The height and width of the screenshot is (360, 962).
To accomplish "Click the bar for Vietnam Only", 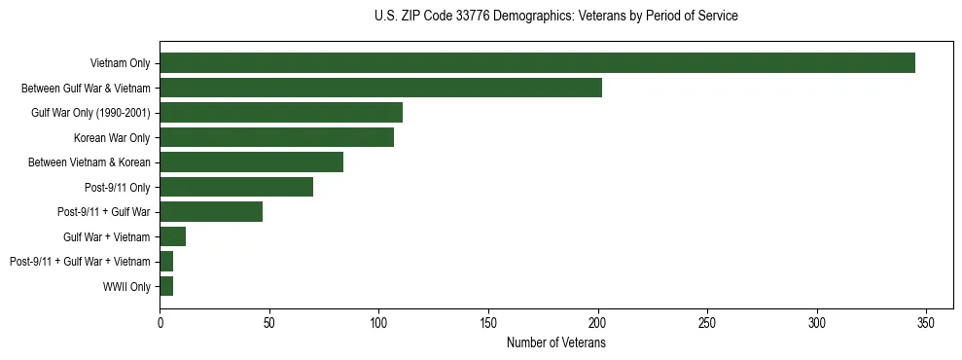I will pos(537,63).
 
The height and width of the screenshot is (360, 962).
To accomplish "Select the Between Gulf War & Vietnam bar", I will pos(380,88).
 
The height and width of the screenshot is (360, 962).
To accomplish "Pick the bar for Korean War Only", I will pos(276,137).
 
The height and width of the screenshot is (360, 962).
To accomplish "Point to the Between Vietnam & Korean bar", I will pos(251,162).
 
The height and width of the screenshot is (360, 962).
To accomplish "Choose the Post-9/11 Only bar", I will pos(236,187).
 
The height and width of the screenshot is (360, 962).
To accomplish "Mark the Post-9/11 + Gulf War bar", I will pos(211,212).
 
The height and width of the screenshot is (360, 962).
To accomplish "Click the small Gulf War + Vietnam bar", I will pos(172,236).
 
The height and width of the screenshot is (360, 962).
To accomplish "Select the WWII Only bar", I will pos(166,286).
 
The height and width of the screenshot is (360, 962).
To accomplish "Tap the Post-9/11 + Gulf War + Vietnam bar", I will pos(166,262).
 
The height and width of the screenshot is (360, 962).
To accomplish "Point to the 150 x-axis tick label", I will pos(488,322).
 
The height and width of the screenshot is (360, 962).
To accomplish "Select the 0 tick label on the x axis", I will pos(160,322).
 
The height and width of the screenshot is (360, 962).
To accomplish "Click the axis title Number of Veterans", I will pos(556,342).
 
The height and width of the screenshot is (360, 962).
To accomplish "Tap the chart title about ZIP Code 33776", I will pos(555,17).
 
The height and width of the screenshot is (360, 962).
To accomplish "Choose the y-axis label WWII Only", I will pos(126,286).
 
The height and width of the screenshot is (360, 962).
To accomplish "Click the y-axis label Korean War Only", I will pos(112,137).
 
